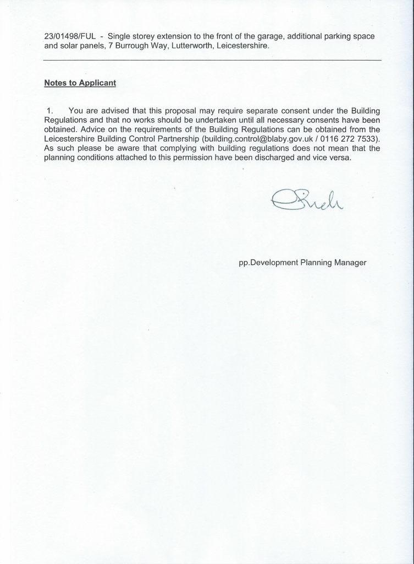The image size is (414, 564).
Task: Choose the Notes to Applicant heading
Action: (x=80, y=83)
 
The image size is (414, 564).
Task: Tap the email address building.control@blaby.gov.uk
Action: (x=251, y=139)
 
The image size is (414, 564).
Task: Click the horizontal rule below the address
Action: (x=212, y=59)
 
